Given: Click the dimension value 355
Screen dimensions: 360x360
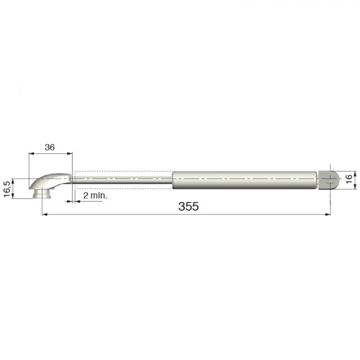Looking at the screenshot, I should pos(188,206).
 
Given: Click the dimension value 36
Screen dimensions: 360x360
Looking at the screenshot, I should pos(50,148).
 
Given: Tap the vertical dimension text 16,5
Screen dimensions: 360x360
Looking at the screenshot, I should pos(7,188).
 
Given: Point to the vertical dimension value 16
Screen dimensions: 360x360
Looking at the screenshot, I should pos(348,179).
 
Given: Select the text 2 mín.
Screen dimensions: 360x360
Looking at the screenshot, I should pos(95,196).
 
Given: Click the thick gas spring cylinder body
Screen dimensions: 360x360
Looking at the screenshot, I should pos(244,179).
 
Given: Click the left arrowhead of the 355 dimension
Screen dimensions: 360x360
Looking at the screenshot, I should pos(44,214).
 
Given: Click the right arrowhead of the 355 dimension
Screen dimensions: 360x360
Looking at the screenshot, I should pos(328,214).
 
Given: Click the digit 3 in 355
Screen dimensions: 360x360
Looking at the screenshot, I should pos(182,206).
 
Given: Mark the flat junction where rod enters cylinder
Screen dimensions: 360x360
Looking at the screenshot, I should pos(173,179).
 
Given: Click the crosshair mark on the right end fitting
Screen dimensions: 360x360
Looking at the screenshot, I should pos(331,179).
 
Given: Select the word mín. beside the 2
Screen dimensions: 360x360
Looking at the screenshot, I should pos(99,196).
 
